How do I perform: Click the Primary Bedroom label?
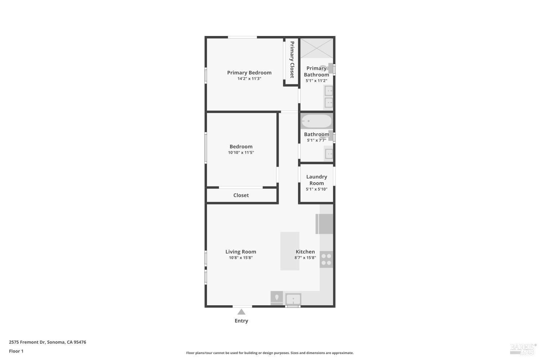(x=249, y=72)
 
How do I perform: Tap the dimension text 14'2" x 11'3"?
(x=249, y=78)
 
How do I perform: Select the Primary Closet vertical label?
(x=292, y=59)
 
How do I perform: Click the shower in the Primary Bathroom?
(x=316, y=48)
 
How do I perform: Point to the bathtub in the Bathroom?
(x=316, y=121)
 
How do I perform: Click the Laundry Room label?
(x=316, y=180)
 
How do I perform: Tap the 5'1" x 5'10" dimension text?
(x=316, y=189)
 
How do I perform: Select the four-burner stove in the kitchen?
(x=326, y=259)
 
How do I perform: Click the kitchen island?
(x=290, y=251)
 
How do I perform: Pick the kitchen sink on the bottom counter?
(x=293, y=299)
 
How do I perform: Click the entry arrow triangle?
(x=241, y=312)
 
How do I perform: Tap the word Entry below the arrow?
(x=241, y=321)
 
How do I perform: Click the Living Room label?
(x=240, y=252)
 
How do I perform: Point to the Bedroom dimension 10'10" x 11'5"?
(x=241, y=153)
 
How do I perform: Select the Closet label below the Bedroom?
(x=241, y=195)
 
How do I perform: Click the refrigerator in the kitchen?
(x=324, y=224)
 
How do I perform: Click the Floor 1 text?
(x=16, y=351)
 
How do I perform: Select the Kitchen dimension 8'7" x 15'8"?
(x=305, y=258)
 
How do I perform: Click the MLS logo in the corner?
(x=522, y=349)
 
